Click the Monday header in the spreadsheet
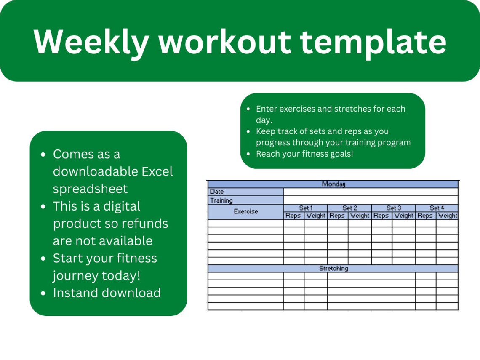[333, 184]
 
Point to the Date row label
[217, 192]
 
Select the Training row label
[221, 200]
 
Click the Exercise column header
[246, 211]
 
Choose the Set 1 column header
[306, 208]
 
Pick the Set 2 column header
[349, 208]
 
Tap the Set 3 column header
[394, 208]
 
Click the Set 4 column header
[437, 208]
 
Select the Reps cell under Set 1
[293, 216]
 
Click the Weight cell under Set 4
[447, 216]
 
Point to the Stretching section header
[333, 268]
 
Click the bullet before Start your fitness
[43, 259]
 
